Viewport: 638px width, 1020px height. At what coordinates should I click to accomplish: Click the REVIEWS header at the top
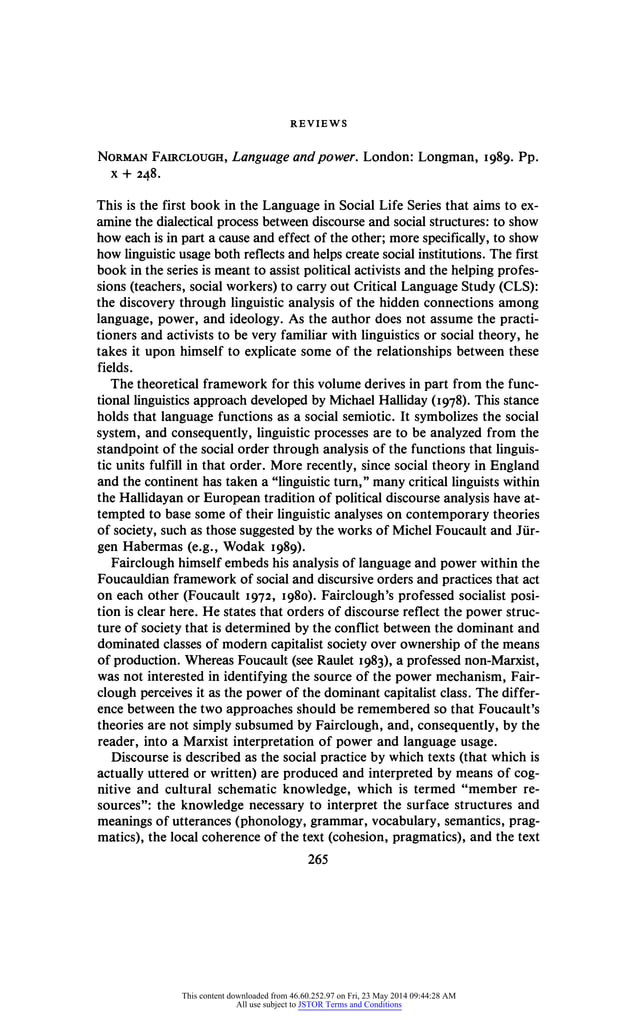(318, 124)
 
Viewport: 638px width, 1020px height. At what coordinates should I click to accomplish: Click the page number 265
(318, 857)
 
